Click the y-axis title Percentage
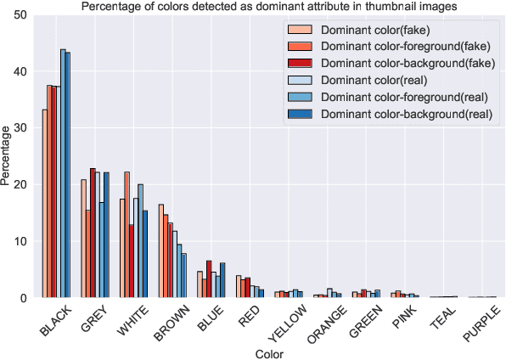pyautogui.click(x=7, y=156)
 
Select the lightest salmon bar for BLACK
pyautogui.click(x=44, y=204)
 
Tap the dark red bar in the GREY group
pyautogui.click(x=93, y=233)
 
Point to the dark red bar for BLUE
pyautogui.click(x=209, y=279)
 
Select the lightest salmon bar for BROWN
pyautogui.click(x=160, y=251)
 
